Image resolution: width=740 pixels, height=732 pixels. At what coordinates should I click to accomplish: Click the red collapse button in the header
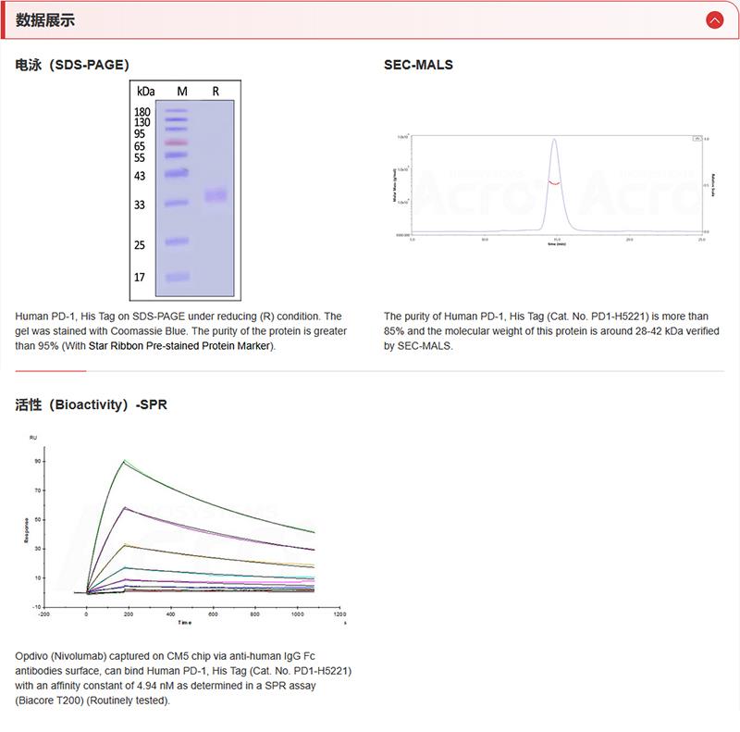click(713, 19)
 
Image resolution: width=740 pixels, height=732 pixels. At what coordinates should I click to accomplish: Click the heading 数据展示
click(45, 19)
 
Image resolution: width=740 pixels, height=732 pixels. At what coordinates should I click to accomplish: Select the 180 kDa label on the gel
click(142, 111)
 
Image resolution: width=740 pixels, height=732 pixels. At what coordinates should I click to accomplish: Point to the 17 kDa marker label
click(140, 277)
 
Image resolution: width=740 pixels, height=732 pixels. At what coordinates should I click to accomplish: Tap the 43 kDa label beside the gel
click(140, 176)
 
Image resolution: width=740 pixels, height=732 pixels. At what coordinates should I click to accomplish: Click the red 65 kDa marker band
click(176, 143)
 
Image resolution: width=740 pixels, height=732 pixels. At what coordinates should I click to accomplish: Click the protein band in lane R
click(216, 195)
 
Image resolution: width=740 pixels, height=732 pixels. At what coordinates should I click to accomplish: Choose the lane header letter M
click(182, 91)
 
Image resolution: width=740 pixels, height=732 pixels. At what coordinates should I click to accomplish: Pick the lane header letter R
click(216, 91)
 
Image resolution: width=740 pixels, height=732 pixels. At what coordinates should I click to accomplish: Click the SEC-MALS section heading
click(418, 66)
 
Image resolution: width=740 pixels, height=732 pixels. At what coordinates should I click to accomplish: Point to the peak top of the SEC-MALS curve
click(553, 140)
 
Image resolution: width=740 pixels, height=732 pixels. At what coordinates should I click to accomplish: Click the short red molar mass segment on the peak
click(553, 183)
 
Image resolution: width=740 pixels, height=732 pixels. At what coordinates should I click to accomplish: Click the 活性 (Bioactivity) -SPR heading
click(92, 404)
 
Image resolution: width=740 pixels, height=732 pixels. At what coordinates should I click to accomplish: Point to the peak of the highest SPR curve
click(124, 460)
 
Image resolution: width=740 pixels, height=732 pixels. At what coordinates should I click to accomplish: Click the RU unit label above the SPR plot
click(33, 436)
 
